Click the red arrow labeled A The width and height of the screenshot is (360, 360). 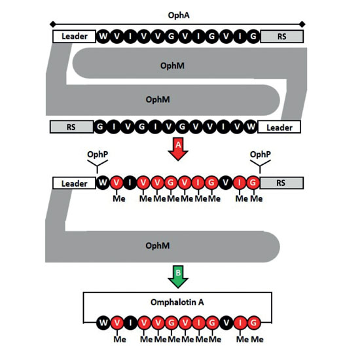pyautogui.click(x=178, y=149)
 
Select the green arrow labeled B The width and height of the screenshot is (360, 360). pyautogui.click(x=178, y=277)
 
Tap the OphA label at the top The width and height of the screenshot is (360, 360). pyautogui.click(x=179, y=16)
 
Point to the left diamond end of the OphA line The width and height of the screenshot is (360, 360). pyautogui.click(x=53, y=24)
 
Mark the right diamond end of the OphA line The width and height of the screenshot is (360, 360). pyautogui.click(x=302, y=24)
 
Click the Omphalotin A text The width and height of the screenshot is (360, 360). pyautogui.click(x=177, y=302)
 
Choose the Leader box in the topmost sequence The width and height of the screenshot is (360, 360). pyautogui.click(x=74, y=36)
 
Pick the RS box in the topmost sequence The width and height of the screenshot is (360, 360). pyautogui.click(x=282, y=36)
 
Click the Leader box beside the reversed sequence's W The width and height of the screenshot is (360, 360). pyautogui.click(x=279, y=127)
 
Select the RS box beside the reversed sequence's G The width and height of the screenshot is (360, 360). pyautogui.click(x=71, y=127)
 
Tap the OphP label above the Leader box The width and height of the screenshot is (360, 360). pyautogui.click(x=98, y=154)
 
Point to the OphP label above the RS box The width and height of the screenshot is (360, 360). pyautogui.click(x=260, y=154)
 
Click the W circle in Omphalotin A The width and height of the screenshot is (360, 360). pyautogui.click(x=103, y=323)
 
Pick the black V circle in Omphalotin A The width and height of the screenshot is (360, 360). pyautogui.click(x=226, y=323)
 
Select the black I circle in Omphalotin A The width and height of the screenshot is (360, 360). pyautogui.click(x=130, y=323)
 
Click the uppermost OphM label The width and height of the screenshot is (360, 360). pyautogui.click(x=172, y=65)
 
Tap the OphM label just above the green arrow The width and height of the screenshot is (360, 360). pyautogui.click(x=158, y=245)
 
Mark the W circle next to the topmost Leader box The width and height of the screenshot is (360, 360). pyautogui.click(x=103, y=36)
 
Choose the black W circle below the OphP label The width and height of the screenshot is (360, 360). pyautogui.click(x=103, y=183)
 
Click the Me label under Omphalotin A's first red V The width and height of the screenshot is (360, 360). pyautogui.click(x=120, y=339)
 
